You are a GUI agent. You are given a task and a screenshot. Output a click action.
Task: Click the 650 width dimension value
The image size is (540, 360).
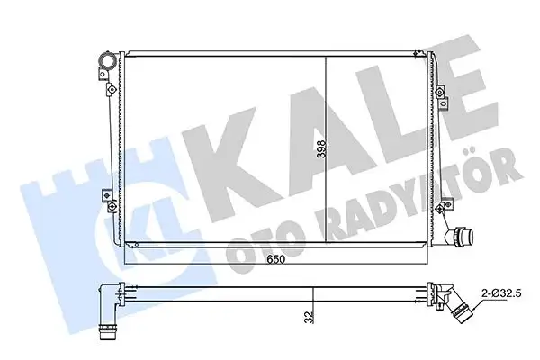coord(276,258)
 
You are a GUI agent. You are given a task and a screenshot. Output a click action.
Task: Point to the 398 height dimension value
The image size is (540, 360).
coord(321,148)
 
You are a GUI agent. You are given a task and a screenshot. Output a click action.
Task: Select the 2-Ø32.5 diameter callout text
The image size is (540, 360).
coord(501,293)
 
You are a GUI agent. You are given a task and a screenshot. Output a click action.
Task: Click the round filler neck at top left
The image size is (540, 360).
coord(106,60)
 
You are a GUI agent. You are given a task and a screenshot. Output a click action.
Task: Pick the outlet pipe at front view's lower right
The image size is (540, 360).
coord(459,237)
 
